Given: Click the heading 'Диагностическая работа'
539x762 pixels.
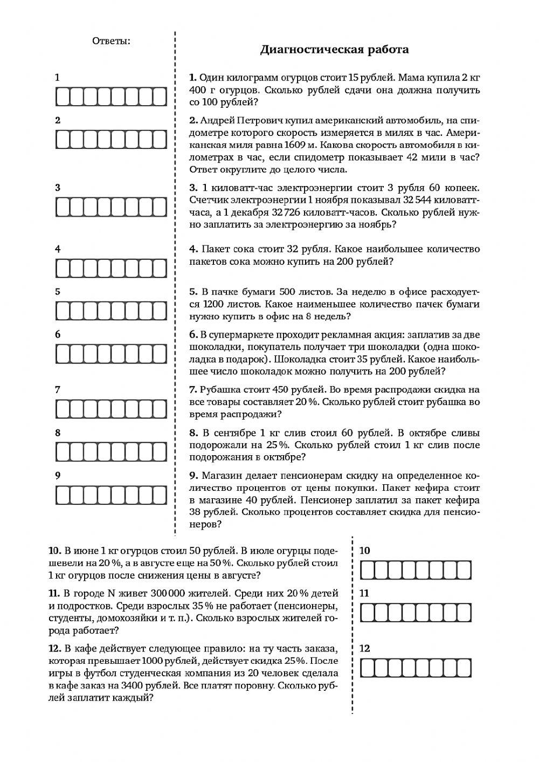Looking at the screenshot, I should point(334,50).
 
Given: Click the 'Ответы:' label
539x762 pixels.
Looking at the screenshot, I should point(111,41).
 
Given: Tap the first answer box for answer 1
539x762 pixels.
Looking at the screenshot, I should point(64,97).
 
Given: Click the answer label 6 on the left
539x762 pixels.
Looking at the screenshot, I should point(58,334).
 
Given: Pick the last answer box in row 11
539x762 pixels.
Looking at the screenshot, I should point(464,613).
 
